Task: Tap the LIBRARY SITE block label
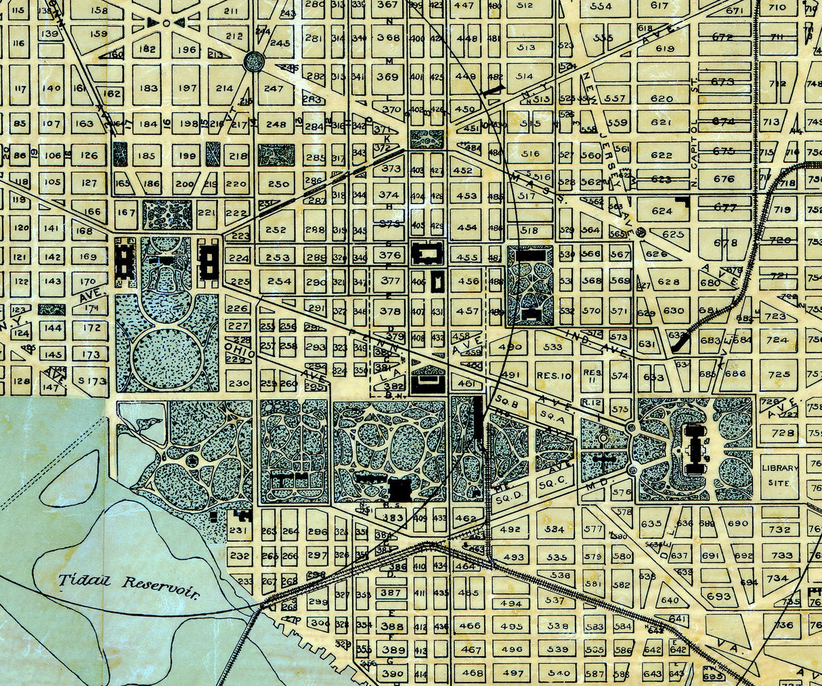point(779,475)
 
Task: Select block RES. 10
point(554,375)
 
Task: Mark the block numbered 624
point(662,211)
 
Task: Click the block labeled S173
point(92,381)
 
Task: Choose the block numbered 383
point(393,518)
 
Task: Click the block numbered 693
point(718,596)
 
